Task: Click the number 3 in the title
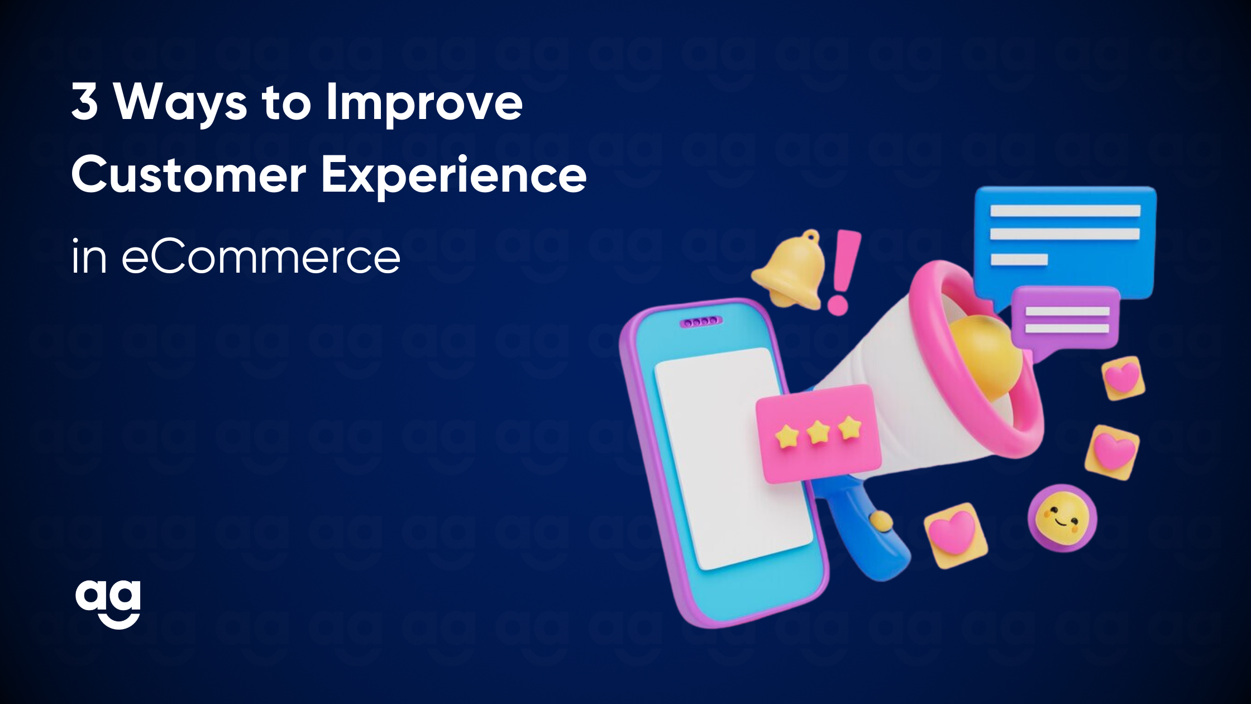point(85,103)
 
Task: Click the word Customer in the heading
point(189,174)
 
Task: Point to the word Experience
point(453,174)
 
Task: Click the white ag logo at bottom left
point(108,603)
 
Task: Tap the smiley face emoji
point(1062,517)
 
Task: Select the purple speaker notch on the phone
point(700,321)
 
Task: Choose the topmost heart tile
point(1123,378)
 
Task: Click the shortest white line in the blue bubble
point(1019,259)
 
